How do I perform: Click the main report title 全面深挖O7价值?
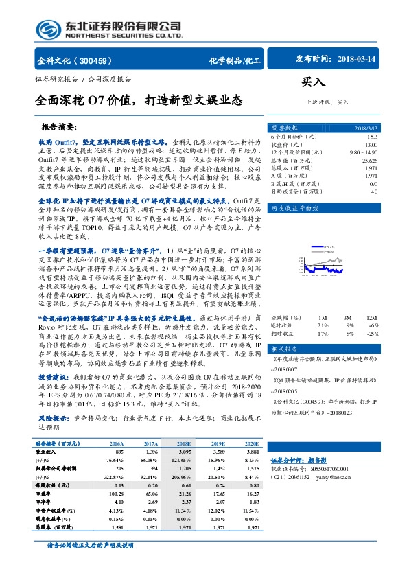[137, 100]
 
